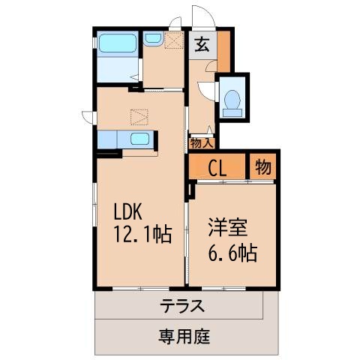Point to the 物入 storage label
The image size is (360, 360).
click(x=202, y=142)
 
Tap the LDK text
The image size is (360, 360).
click(x=128, y=211)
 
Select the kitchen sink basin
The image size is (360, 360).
click(x=140, y=139)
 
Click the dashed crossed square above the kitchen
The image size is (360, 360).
click(x=139, y=116)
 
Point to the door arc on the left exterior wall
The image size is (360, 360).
click(x=88, y=115)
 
